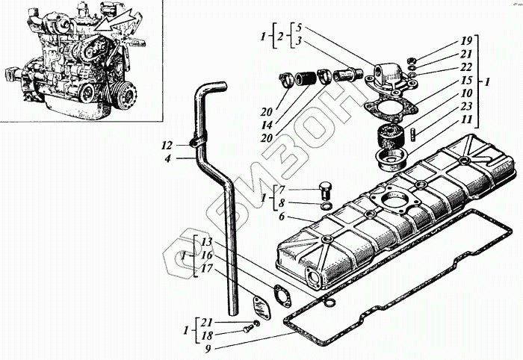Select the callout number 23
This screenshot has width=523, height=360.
point(465,106)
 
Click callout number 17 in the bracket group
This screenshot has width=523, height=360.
point(207,267)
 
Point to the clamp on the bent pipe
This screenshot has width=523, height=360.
point(195,140)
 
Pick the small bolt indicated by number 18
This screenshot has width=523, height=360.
point(248,328)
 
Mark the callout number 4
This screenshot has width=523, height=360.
point(167,158)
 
